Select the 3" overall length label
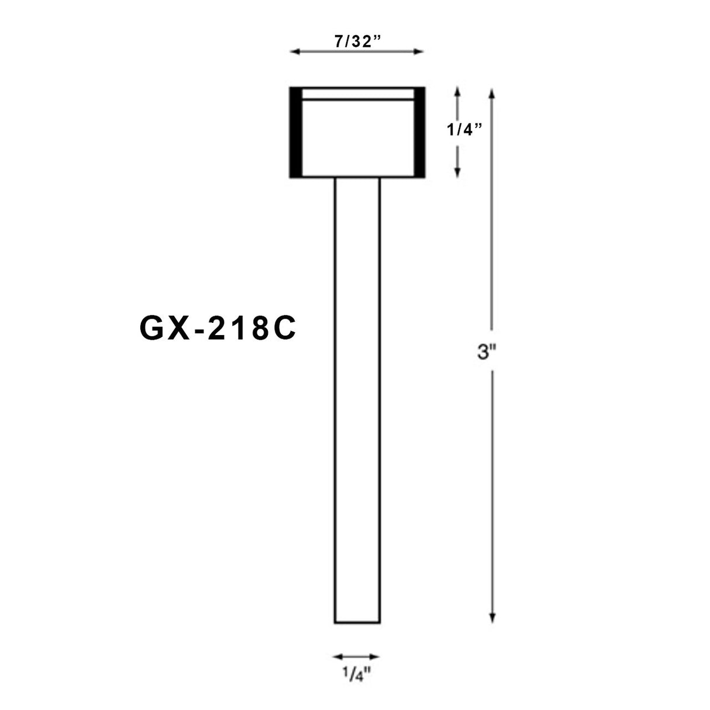click(487, 353)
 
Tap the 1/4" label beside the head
click(464, 129)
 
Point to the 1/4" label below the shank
click(356, 676)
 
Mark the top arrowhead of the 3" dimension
click(492, 92)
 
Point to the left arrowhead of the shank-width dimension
click(337, 657)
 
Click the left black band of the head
click(295, 132)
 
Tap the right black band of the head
click(419, 132)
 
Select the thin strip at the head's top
click(357, 94)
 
